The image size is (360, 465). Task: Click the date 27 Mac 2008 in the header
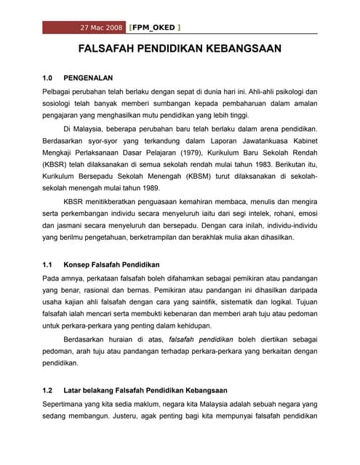102,28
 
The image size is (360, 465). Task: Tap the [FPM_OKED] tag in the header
154,28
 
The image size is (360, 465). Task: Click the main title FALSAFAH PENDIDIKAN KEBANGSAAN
180,50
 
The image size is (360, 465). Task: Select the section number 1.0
49,77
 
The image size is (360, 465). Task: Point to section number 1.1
49,264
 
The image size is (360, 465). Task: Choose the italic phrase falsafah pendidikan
201,339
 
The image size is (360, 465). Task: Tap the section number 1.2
49,390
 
